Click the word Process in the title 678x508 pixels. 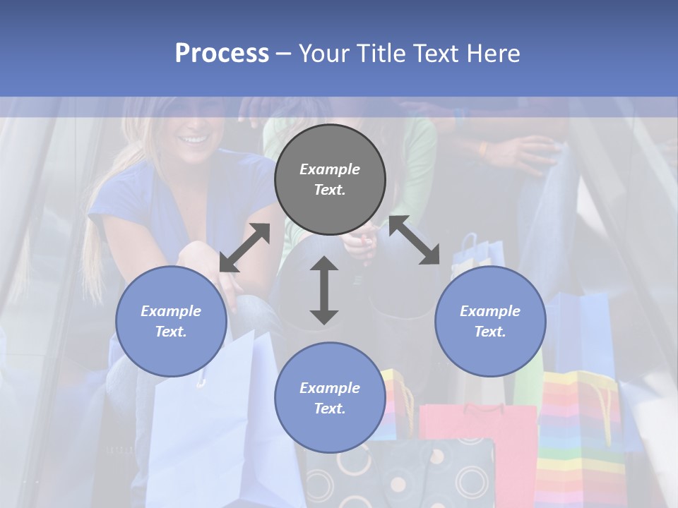pyautogui.click(x=222, y=53)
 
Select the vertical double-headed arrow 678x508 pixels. pyautogui.click(x=324, y=290)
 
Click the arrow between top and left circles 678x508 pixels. pyautogui.click(x=244, y=248)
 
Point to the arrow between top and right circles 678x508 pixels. pyautogui.click(x=414, y=240)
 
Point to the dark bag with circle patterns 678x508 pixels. pyautogui.click(x=395, y=473)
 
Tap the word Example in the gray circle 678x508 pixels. pyautogui.click(x=330, y=169)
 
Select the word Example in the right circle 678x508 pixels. pyautogui.click(x=490, y=311)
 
